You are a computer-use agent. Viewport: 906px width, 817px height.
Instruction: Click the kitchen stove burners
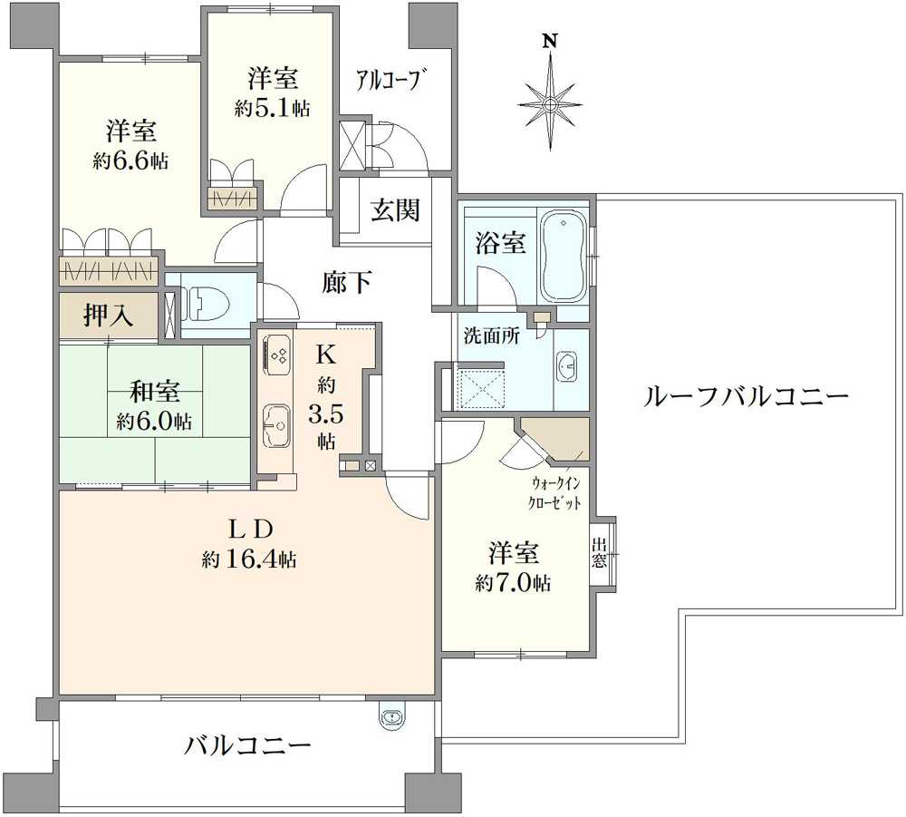[276, 353]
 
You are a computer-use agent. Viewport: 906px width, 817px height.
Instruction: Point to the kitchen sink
[276, 423]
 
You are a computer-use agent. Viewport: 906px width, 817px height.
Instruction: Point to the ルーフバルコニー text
[745, 396]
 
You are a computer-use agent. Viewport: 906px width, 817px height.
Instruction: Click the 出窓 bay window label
[600, 552]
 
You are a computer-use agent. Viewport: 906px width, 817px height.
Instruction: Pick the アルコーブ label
[390, 79]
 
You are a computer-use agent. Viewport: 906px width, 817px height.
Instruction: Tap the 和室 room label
[154, 393]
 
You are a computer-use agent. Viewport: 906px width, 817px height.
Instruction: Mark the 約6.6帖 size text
[130, 161]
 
